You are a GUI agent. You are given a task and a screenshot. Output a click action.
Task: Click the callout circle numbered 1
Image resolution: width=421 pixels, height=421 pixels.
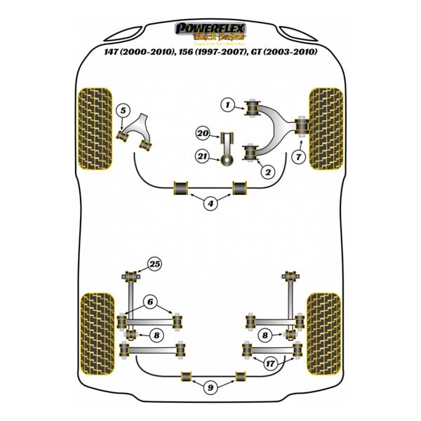coord(227,105)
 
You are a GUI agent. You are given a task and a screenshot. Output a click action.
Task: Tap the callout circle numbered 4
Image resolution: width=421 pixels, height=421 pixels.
coord(210,204)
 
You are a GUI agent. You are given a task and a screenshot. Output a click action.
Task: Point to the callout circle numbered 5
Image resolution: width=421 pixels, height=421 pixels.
coord(122,110)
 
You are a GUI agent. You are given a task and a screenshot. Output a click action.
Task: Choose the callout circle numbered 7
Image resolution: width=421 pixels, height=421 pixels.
coord(300,157)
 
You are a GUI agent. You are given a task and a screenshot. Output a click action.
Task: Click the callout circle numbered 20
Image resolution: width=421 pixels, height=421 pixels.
coord(203,133)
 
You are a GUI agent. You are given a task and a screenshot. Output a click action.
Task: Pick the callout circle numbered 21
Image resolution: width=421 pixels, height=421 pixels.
coord(203,158)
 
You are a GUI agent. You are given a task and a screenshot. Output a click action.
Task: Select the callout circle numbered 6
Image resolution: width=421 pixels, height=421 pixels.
coord(149,302)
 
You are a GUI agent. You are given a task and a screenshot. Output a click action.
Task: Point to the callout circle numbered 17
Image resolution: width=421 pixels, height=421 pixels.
coord(269,363)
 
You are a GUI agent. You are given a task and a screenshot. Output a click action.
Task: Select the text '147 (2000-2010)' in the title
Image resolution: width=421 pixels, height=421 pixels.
coord(136,52)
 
